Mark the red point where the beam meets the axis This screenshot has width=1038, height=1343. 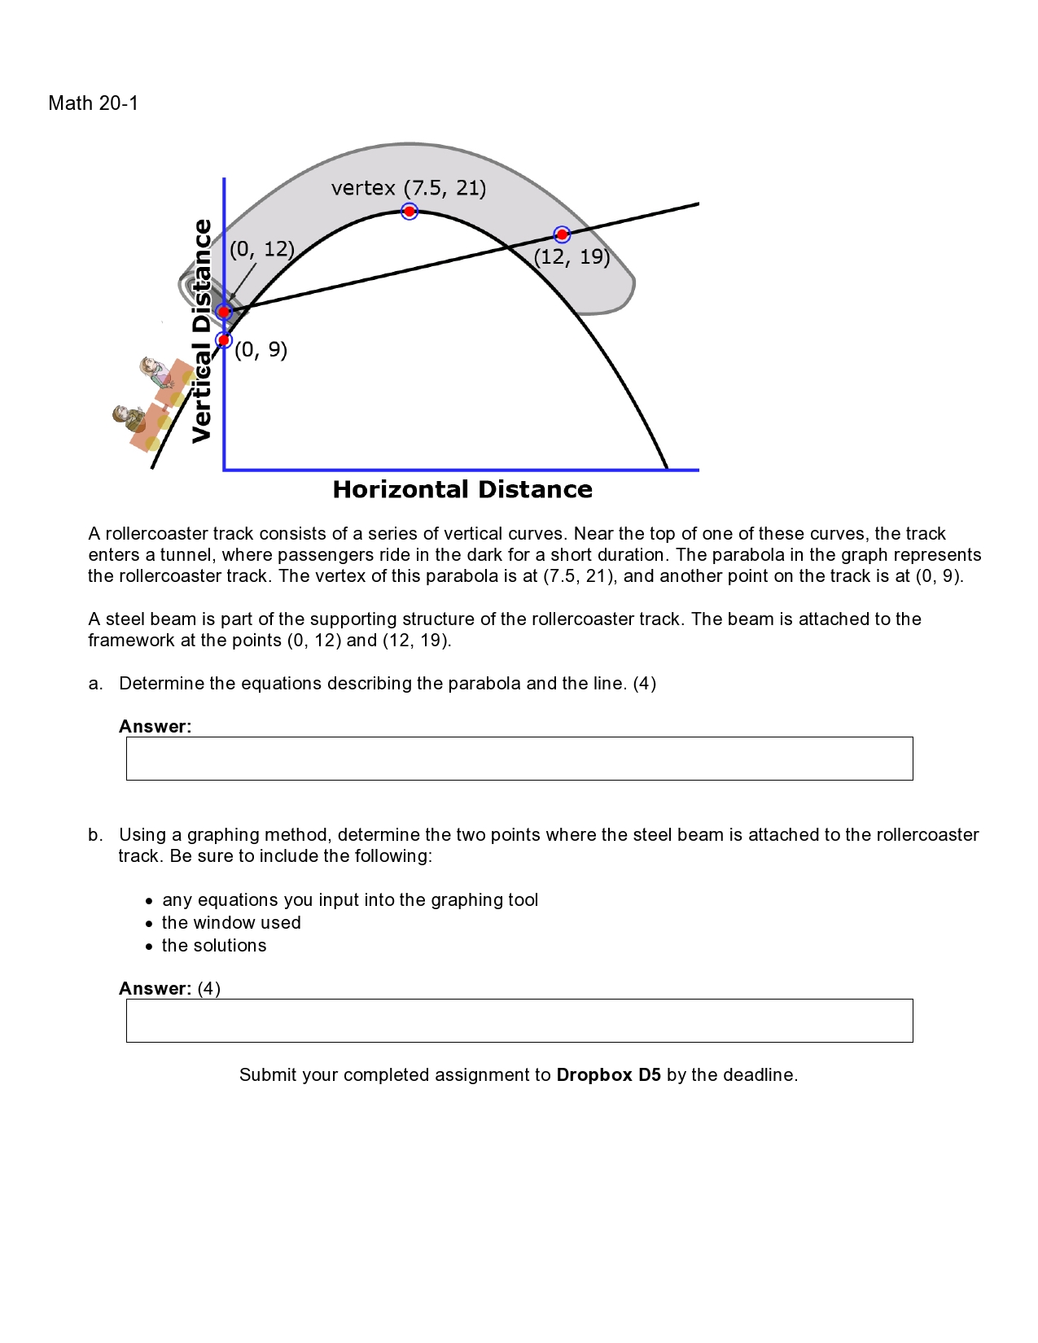pos(224,312)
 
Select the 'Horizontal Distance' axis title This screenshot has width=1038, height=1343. pos(462,489)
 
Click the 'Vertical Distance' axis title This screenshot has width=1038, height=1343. pos(201,331)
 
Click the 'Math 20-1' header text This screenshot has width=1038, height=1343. pos(94,103)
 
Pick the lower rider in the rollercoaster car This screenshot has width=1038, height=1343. pos(128,418)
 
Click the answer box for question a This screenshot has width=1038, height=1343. pos(519,759)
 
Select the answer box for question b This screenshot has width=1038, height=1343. pos(519,1021)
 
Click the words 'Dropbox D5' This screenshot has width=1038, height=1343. pos(608,1075)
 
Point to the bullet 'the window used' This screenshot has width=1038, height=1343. pos(231,923)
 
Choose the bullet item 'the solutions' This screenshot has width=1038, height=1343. pos(214,946)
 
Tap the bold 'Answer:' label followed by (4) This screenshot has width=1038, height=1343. pos(155,989)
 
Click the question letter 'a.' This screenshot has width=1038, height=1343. pos(96,684)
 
